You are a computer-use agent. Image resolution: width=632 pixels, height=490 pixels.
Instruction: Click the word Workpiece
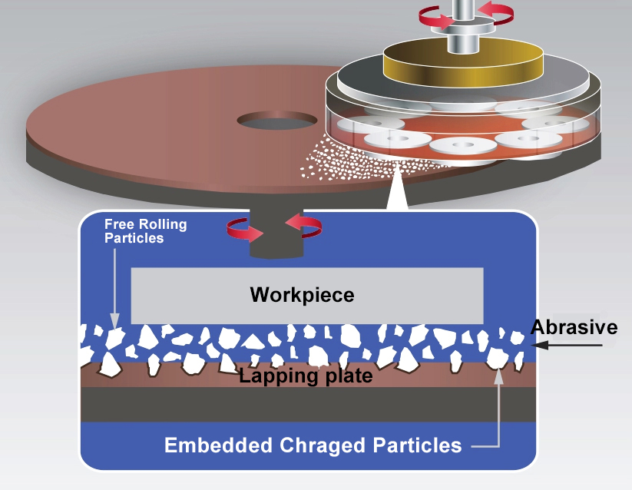pyautogui.click(x=302, y=295)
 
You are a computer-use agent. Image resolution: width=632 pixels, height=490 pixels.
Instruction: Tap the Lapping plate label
pyautogui.click(x=306, y=376)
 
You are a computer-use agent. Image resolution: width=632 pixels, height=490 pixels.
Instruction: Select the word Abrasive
pyautogui.click(x=574, y=327)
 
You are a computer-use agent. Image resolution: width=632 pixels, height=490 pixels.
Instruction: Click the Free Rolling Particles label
pyautogui.click(x=134, y=231)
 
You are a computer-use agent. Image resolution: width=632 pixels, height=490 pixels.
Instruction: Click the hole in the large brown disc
pyautogui.click(x=276, y=121)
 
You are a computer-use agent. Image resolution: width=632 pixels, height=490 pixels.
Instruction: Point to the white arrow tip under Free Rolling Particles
pyautogui.click(x=114, y=323)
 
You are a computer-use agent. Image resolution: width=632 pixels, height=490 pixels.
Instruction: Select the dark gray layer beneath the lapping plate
pyautogui.click(x=307, y=404)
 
